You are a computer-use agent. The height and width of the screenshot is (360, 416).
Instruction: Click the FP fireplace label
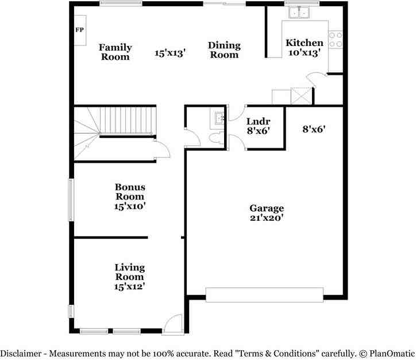79,30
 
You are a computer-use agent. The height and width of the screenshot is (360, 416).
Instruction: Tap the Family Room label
115,52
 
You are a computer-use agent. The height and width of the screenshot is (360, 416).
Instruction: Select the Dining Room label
224,50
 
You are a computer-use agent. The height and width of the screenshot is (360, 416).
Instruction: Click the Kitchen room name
305,43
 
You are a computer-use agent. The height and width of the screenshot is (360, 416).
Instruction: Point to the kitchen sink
299,12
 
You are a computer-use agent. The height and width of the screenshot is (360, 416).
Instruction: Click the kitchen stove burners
335,39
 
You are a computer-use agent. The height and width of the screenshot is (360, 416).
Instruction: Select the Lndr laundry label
258,121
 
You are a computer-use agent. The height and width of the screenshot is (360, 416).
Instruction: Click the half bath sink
218,119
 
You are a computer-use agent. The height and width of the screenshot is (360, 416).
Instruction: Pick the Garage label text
266,208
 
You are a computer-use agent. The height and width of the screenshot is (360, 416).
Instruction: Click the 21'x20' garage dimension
266,218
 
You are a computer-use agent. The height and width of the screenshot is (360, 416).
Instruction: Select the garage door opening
264,294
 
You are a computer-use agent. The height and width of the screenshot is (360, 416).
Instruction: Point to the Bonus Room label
130,192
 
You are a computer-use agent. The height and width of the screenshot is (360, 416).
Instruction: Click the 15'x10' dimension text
130,206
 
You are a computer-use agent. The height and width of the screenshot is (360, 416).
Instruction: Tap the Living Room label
129,272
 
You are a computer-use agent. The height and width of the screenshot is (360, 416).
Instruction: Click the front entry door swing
173,324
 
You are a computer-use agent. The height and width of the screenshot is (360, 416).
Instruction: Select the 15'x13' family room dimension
170,53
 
